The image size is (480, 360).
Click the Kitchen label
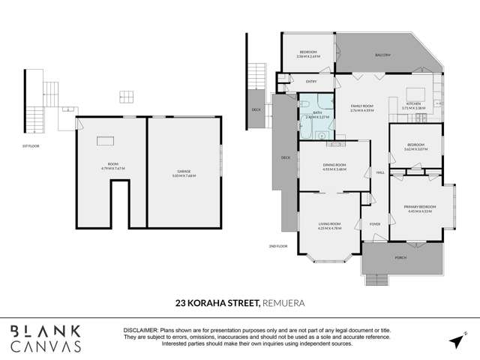click(x=414, y=104)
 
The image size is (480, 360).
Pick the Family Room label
click(x=362, y=107)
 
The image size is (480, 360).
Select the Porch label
click(x=400, y=259)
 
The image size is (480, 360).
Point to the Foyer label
click(x=375, y=222)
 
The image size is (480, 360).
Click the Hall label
click(x=379, y=172)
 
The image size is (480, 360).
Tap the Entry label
click(x=310, y=81)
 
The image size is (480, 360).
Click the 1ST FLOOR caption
click(x=31, y=145)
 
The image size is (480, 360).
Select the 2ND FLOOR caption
click(x=277, y=245)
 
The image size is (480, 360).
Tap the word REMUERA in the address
click(x=286, y=304)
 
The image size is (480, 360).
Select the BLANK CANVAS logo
click(x=46, y=338)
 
